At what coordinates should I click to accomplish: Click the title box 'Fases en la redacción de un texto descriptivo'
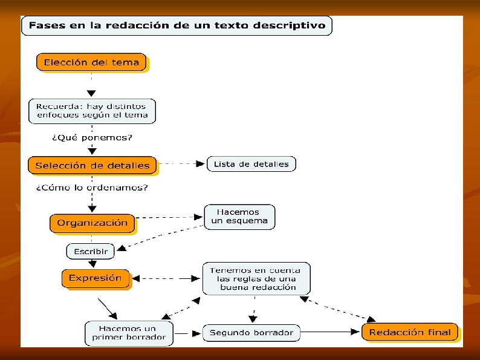pyautogui.click(x=177, y=25)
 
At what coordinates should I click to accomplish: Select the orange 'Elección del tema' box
pyautogui.click(x=91, y=62)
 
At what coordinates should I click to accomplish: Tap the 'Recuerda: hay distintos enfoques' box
pyautogui.click(x=92, y=111)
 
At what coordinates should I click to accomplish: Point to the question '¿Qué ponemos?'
pyautogui.click(x=92, y=137)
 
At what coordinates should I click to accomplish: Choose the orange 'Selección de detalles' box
pyautogui.click(x=92, y=165)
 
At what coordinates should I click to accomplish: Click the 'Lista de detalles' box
pyautogui.click(x=251, y=164)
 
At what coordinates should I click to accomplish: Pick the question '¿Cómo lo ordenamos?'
pyautogui.click(x=92, y=188)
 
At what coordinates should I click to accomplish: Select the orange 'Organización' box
pyautogui.click(x=92, y=223)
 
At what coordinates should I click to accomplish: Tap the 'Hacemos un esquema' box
pyautogui.click(x=239, y=217)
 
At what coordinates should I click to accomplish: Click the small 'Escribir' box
pyautogui.click(x=91, y=250)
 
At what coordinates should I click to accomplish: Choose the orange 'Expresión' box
pyautogui.click(x=96, y=278)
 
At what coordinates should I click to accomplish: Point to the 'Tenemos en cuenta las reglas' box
pyautogui.click(x=256, y=278)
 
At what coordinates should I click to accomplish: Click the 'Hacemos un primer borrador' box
pyautogui.click(x=129, y=333)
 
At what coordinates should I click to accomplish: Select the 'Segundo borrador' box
pyautogui.click(x=251, y=332)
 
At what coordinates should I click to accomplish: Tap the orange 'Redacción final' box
pyautogui.click(x=410, y=332)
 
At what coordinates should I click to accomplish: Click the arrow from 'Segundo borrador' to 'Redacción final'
pyautogui.click(x=330, y=332)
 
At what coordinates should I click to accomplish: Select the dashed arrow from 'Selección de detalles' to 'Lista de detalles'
pyautogui.click(x=181, y=163)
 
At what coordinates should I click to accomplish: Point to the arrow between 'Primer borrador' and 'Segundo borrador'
pyautogui.click(x=187, y=333)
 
